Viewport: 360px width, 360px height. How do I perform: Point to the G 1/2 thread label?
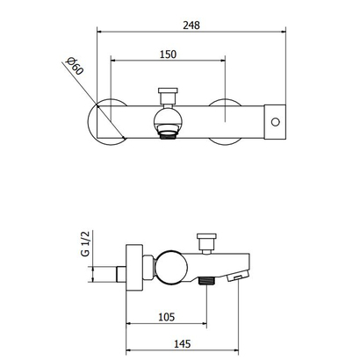pos(85,242)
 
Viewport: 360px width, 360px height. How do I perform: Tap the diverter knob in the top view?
pos(168,93)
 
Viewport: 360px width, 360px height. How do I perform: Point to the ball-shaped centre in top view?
pos(168,117)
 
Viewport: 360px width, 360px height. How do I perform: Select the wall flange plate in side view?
pos(133,263)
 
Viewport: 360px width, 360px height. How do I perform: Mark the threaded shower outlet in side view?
pos(207,281)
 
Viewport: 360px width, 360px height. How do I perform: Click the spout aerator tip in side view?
pos(234,278)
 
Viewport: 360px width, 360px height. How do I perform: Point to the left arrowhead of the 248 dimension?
pos(97,32)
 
